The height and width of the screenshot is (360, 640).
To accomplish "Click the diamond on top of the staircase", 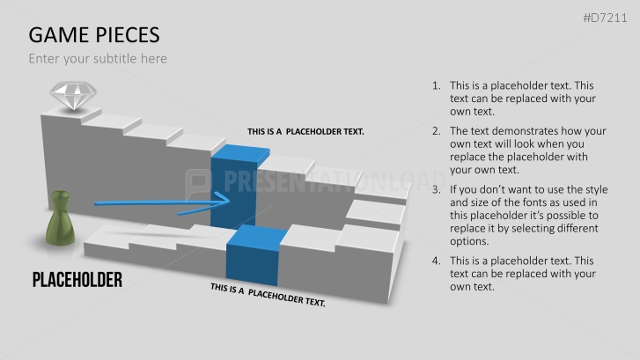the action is click(x=73, y=96).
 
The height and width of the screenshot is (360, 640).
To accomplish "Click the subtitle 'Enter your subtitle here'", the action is click(x=98, y=59).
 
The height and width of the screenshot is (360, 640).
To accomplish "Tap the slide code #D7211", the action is click(x=605, y=18).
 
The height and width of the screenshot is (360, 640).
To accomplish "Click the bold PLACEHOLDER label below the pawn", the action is click(x=77, y=280).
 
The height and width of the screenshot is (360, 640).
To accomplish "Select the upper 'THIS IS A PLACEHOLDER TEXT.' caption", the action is click(x=305, y=131).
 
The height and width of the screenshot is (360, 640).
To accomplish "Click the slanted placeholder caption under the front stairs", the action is click(x=268, y=295).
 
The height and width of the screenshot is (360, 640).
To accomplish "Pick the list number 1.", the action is click(x=437, y=85).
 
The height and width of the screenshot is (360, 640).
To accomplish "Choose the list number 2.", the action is click(x=437, y=131).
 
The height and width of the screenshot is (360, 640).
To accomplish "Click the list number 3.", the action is click(x=437, y=190).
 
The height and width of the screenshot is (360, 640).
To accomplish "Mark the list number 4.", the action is click(x=437, y=261).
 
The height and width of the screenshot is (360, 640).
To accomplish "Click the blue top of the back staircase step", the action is click(x=241, y=152).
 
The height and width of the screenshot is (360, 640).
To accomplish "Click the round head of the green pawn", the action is click(x=61, y=195).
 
